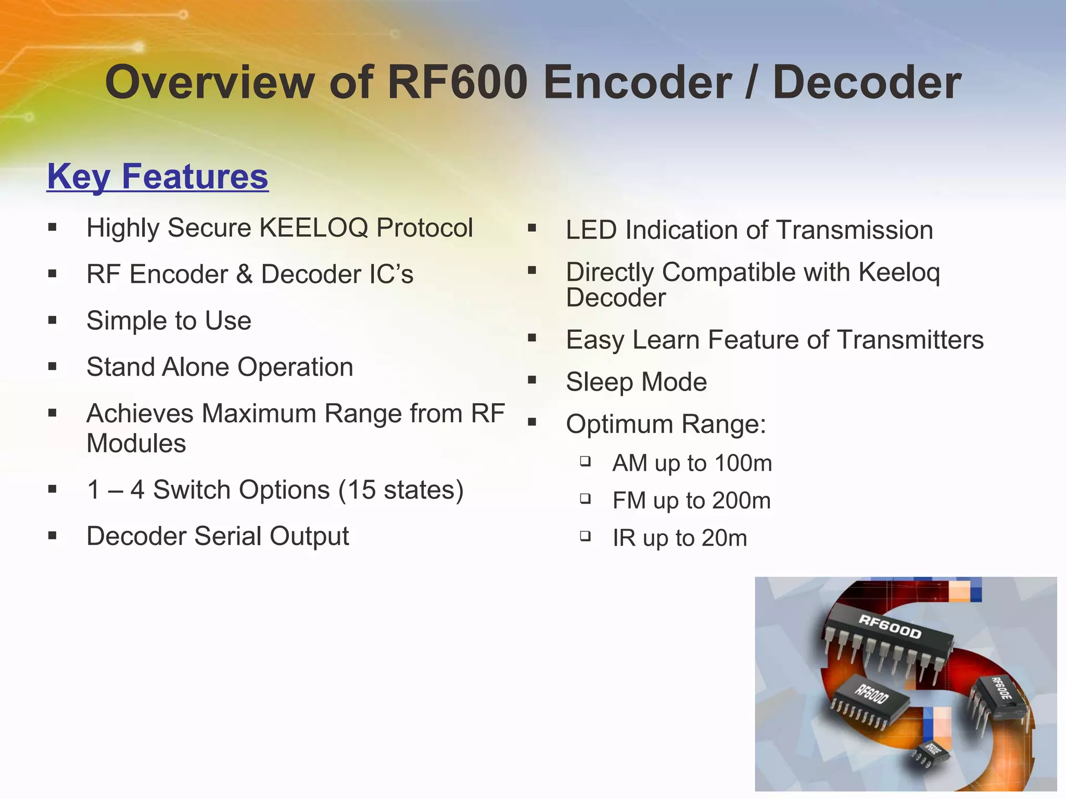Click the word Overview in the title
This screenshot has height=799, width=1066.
pyautogui.click(x=210, y=82)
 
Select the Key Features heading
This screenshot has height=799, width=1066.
pyautogui.click(x=157, y=176)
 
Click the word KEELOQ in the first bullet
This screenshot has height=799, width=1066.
pyautogui.click(x=314, y=228)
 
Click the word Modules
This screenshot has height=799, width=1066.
pyautogui.click(x=136, y=444)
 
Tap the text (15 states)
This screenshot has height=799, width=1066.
pyautogui.click(x=401, y=490)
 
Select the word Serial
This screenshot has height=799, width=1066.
pyautogui.click(x=227, y=536)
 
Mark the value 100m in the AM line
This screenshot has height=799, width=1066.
pyautogui.click(x=743, y=463)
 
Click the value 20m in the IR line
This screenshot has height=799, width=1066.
pyautogui.click(x=724, y=538)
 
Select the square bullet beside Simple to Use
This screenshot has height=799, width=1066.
pyautogui.click(x=52, y=320)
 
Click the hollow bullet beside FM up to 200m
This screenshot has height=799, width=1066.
pyautogui.click(x=586, y=499)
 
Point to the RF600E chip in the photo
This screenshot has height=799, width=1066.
pyautogui.click(x=999, y=694)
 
